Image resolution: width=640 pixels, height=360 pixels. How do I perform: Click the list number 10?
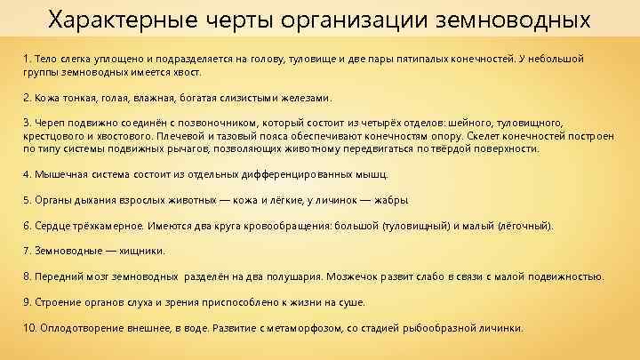click(29, 327)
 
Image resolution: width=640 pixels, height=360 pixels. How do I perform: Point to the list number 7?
click(27, 251)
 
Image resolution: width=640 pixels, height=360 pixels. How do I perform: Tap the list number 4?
click(27, 174)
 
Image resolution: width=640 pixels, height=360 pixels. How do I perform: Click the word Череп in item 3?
click(51, 123)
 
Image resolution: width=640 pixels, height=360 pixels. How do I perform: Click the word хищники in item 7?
click(139, 251)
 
